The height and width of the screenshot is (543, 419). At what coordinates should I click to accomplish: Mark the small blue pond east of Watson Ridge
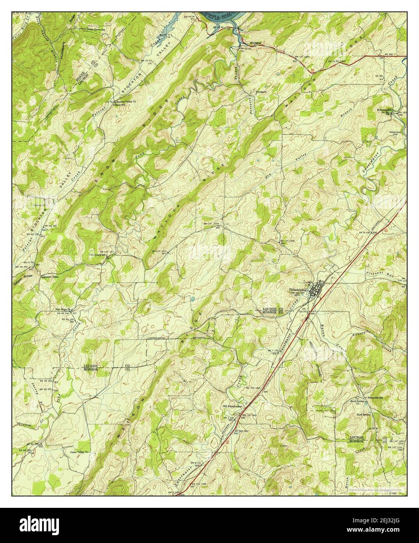click(x=193, y=299)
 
